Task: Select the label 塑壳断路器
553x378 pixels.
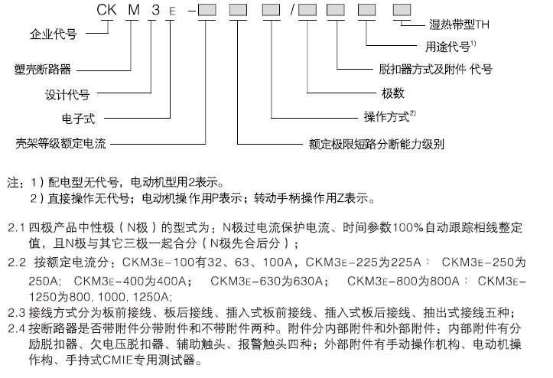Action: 44,70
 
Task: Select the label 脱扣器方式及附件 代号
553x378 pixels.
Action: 435,69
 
